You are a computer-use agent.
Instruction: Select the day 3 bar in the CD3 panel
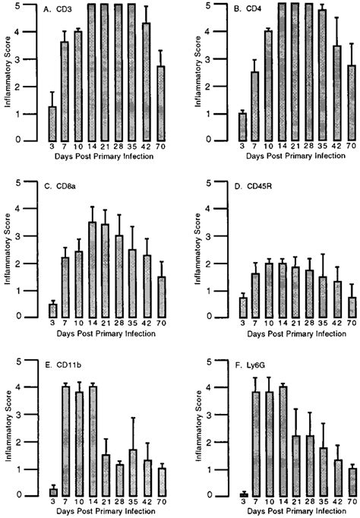tap(52, 123)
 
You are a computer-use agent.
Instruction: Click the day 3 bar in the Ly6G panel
tap(244, 494)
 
